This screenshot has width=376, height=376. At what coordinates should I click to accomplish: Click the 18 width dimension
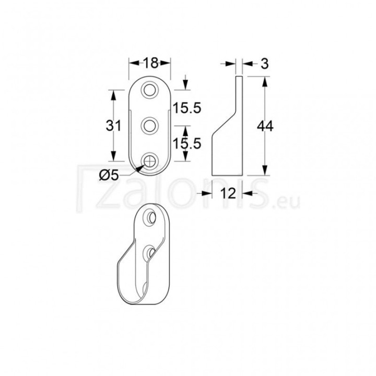[x=151, y=63]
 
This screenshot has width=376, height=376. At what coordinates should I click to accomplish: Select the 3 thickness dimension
[x=264, y=64]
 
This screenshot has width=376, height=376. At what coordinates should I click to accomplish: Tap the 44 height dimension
[x=265, y=126]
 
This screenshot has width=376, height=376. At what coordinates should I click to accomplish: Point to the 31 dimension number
[x=113, y=125]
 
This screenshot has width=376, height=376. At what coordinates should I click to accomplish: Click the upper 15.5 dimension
[x=186, y=108]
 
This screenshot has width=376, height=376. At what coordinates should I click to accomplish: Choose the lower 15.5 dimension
[x=187, y=144]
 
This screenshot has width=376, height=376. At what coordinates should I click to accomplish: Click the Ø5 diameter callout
[x=109, y=177]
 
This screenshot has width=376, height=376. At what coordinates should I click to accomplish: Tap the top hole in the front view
[x=150, y=90]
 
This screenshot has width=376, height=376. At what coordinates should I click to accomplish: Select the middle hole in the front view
[x=150, y=126]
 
